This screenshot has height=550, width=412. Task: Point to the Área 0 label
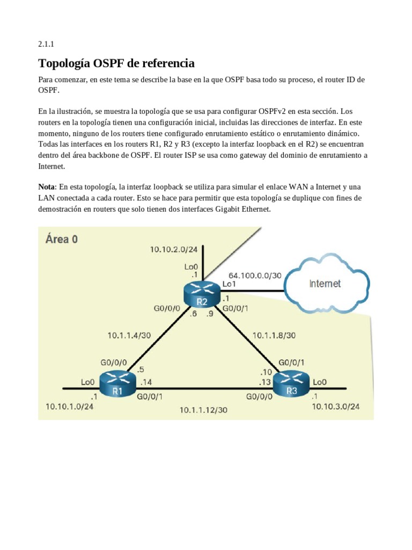pyautogui.click(x=62, y=239)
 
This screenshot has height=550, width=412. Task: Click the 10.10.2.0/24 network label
pyautogui.click(x=173, y=249)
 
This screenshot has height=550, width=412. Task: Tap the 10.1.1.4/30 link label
pyautogui.click(x=129, y=335)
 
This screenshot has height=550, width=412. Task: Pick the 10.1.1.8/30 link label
pyautogui.click(x=274, y=335)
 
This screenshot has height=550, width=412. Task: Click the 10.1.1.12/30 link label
pyautogui.click(x=203, y=410)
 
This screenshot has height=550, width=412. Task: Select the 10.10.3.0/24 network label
pyautogui.click(x=336, y=407)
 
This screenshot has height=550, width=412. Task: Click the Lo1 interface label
pyautogui.click(x=229, y=284)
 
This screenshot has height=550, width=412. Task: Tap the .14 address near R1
pyautogui.click(x=146, y=382)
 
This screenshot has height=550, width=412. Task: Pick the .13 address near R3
pyautogui.click(x=264, y=382)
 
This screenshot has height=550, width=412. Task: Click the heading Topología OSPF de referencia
pyautogui.click(x=116, y=63)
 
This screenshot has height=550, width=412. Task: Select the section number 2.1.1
pyautogui.click(x=46, y=45)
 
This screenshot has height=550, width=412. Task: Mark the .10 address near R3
pyautogui.click(x=267, y=372)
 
